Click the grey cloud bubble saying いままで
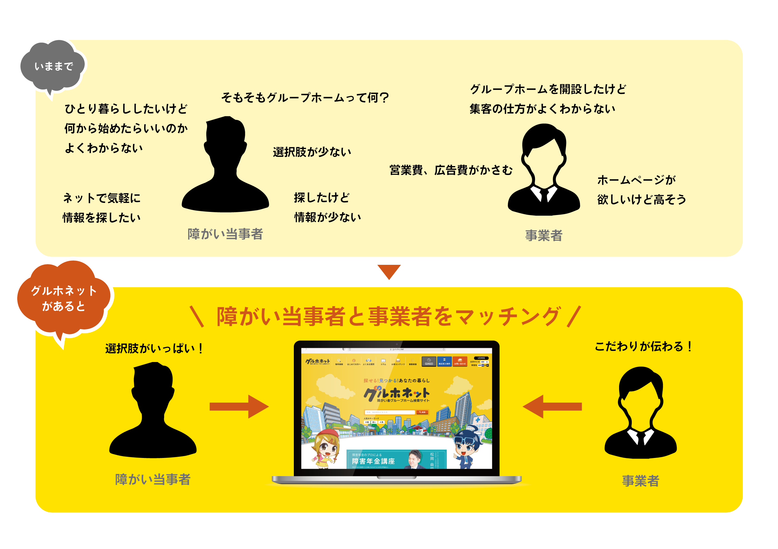pyautogui.click(x=54, y=66)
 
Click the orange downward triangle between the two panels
pyautogui.click(x=389, y=271)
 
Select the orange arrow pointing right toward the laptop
pyautogui.click(x=239, y=406)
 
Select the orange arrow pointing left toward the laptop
pyautogui.click(x=552, y=406)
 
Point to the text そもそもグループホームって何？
pyautogui.click(x=305, y=98)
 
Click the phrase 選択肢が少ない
pyautogui.click(x=312, y=152)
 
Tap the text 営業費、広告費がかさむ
pyautogui.click(x=451, y=170)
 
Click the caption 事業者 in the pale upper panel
pyautogui.click(x=544, y=236)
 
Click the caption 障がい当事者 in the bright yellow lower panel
pyautogui.click(x=153, y=479)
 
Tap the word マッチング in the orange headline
pyautogui.click(x=508, y=316)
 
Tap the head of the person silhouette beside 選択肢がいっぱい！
pyautogui.click(x=153, y=383)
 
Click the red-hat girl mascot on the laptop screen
pyautogui.click(x=326, y=448)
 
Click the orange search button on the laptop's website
pyautogui.click(x=422, y=412)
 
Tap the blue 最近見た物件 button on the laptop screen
pyautogui.click(x=444, y=361)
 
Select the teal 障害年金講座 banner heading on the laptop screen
pyautogui.click(x=373, y=461)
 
